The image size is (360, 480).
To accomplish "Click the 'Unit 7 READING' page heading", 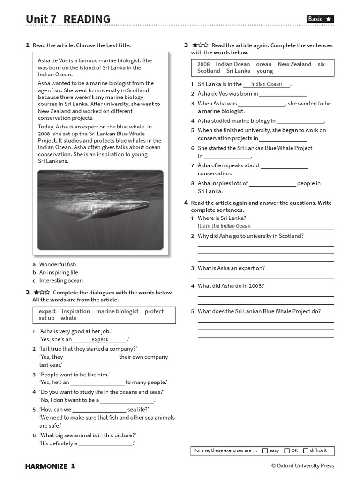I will [68, 19].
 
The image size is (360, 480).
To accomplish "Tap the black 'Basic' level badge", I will [320, 19].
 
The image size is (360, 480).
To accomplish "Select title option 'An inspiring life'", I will [59, 272].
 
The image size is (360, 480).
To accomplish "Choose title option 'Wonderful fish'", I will [57, 264].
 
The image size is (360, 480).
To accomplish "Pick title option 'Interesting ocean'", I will [61, 280].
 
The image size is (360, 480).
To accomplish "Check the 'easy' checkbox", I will [265, 450].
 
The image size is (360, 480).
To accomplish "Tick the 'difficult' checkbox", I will [306, 450].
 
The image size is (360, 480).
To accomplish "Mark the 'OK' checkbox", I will [287, 450].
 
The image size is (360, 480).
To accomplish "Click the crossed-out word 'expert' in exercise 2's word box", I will [47, 311].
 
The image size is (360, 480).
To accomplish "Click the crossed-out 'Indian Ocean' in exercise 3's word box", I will [232, 64].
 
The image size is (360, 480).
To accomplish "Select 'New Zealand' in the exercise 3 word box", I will [294, 64].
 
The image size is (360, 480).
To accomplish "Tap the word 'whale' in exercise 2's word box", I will [68, 318].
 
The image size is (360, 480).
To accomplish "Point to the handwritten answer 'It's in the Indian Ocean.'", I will [224, 226].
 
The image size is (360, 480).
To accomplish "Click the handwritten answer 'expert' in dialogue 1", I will [100, 339].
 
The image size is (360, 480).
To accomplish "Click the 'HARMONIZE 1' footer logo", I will [50, 466].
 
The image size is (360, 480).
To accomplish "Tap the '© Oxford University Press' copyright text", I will [302, 466].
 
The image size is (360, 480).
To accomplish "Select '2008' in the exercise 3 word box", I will [203, 64].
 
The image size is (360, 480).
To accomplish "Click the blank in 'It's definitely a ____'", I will [105, 443].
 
